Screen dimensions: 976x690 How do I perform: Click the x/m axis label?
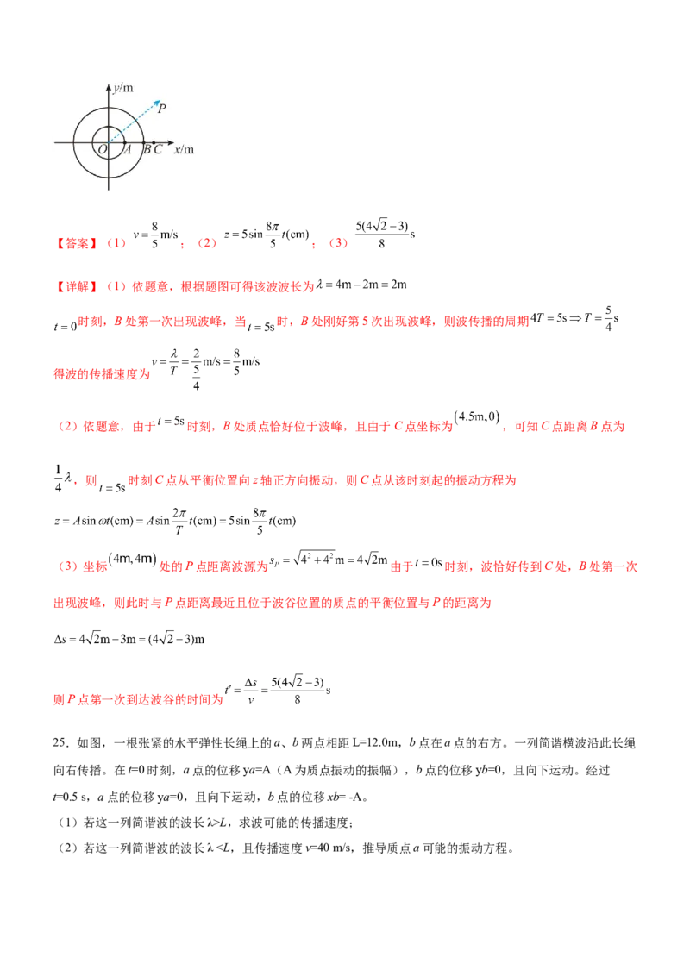point(184,149)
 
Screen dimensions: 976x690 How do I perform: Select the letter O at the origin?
point(103,150)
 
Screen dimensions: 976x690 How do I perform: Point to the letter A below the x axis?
point(127,150)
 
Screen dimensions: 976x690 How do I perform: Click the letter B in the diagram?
point(147,150)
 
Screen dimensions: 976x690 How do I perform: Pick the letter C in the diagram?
point(157,150)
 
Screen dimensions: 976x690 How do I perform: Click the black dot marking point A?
point(125,142)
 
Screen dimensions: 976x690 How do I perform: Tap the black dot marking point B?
point(144,142)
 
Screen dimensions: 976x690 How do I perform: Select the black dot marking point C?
point(154,142)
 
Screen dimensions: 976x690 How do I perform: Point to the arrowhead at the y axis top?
point(109,86)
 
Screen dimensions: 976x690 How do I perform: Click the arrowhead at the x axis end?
point(172,142)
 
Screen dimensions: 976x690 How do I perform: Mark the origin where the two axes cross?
point(109,142)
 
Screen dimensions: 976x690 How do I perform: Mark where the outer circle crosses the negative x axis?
point(73,142)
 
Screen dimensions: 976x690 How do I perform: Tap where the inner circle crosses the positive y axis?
point(109,126)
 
